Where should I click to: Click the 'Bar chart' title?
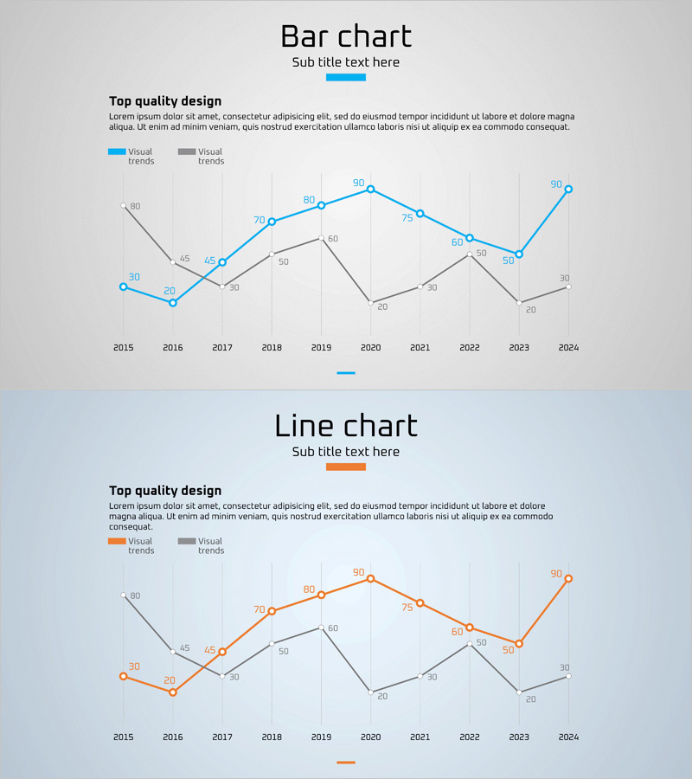pos(346,37)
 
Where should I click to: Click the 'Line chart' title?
pos(346,426)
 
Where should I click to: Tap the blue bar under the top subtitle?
pos(346,77)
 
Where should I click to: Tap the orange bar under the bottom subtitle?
pos(346,467)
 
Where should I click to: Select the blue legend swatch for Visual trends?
pos(117,151)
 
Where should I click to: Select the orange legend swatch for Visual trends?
pos(117,541)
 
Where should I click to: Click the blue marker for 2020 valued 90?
pos(371,189)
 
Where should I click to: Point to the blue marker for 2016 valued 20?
pos(173,303)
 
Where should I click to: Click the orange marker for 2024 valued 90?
pos(568,578)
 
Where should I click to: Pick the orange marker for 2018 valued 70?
pos(272,611)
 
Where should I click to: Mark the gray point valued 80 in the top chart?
pos(124,206)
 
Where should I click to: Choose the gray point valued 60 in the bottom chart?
pos(321,628)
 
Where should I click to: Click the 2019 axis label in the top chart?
pos(321,347)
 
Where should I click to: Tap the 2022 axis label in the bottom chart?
pos(470,737)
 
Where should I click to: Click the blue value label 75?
pos(407,218)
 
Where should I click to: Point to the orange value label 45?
pos(209,650)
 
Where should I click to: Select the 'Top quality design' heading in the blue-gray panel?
pos(165,491)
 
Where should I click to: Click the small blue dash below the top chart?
pos(346,373)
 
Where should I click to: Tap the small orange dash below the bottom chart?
pos(346,763)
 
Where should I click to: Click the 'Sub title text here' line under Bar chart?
pos(346,62)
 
